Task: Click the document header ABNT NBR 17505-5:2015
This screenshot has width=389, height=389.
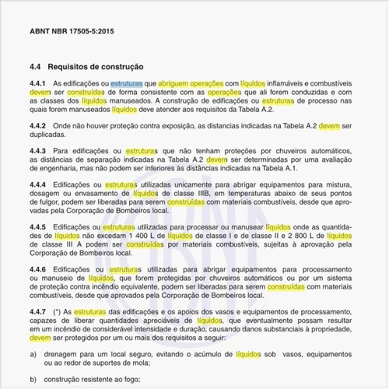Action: tap(71, 31)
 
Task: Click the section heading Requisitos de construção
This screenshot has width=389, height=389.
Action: tap(94, 68)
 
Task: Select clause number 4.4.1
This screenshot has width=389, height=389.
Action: tap(38, 82)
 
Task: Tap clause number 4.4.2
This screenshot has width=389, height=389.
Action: tap(38, 125)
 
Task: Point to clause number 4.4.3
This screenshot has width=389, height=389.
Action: tap(38, 150)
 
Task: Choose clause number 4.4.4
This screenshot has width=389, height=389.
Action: tap(38, 184)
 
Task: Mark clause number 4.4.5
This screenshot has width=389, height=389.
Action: tap(38, 226)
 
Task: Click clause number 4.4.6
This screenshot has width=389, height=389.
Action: tap(38, 268)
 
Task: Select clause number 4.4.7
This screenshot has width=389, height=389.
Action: tap(38, 311)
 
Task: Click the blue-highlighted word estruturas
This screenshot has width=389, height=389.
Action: tap(126, 82)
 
